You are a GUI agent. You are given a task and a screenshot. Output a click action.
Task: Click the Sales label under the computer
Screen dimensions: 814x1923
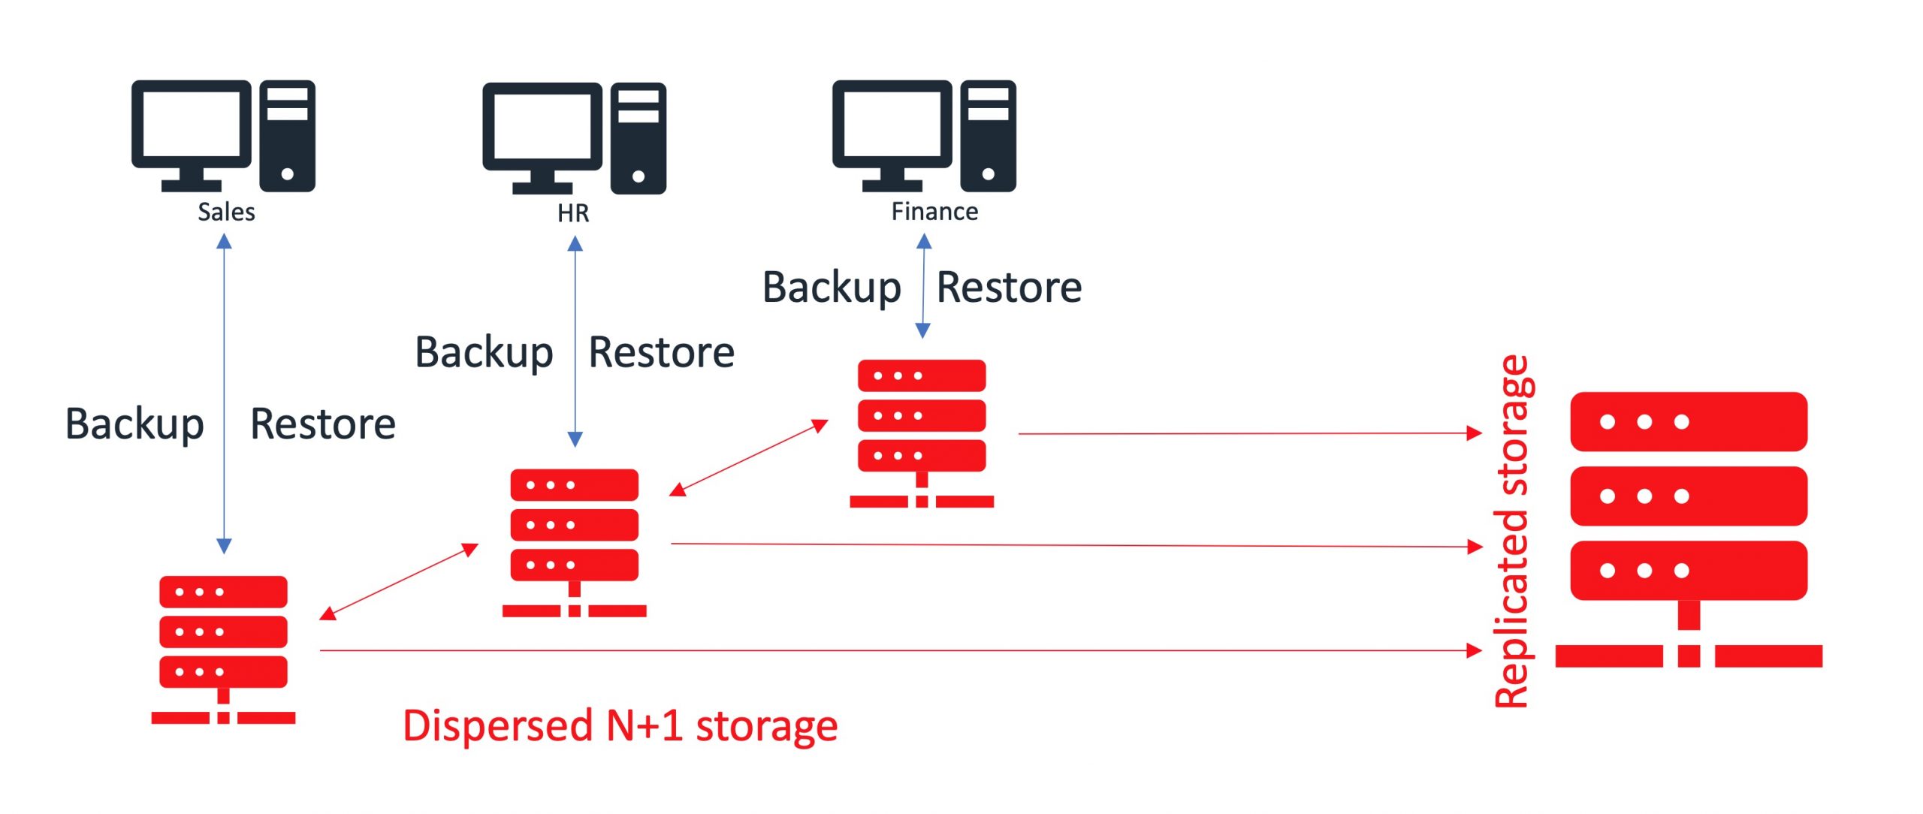(x=226, y=212)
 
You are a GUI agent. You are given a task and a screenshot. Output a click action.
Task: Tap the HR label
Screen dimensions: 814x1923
(x=573, y=213)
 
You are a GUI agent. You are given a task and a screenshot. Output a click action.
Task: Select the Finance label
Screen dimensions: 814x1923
(x=934, y=212)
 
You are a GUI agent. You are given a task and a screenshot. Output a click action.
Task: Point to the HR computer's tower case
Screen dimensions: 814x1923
(x=638, y=138)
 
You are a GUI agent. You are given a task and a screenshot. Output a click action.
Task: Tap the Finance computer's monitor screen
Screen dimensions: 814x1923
(x=892, y=125)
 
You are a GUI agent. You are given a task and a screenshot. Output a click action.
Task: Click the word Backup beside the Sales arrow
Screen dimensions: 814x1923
(x=134, y=424)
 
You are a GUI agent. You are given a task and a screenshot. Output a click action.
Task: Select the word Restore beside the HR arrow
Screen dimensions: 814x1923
(x=661, y=352)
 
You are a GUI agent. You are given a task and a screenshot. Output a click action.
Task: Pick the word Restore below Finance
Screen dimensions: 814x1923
(x=1009, y=287)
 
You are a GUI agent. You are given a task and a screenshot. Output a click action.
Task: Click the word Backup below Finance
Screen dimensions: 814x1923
(x=832, y=288)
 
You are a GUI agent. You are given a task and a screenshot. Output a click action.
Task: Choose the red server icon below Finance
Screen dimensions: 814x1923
(x=922, y=432)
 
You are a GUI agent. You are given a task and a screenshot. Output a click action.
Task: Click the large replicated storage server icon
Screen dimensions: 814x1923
(x=1689, y=526)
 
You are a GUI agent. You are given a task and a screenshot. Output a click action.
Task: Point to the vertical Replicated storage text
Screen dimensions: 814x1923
(x=1511, y=532)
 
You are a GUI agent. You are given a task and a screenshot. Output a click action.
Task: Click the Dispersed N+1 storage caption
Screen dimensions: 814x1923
(x=620, y=726)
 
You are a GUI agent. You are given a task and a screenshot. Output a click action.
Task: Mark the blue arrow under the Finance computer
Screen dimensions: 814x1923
(x=924, y=286)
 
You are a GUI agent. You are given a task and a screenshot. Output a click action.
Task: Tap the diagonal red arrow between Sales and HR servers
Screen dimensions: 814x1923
(x=399, y=582)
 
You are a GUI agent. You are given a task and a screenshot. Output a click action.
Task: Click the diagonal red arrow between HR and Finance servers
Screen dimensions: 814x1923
(x=748, y=458)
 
